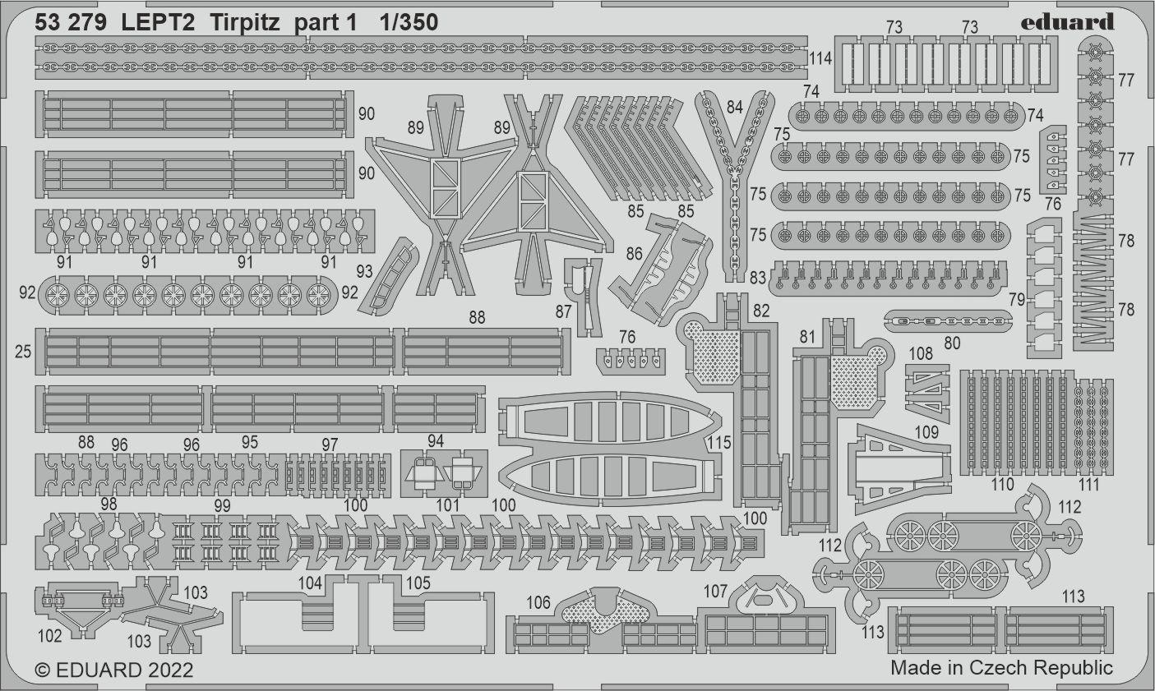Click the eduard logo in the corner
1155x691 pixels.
pos(1068,21)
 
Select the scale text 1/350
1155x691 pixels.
pos(409,23)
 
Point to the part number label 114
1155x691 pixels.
pos(820,58)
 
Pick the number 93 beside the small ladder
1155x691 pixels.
pos(364,272)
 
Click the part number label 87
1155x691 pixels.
pos(563,313)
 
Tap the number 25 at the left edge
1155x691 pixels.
pos(23,352)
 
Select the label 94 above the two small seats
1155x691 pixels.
pos(436,441)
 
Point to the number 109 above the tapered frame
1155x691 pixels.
pos(926,433)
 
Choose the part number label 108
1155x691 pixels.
pos(921,353)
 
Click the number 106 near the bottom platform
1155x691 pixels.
pos(538,603)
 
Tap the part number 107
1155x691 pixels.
pos(716,591)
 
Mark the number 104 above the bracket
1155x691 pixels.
pos(311,583)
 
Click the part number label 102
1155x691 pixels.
pos(49,635)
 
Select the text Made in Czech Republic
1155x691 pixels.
pos(1001,667)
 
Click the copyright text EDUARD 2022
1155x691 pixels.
pos(114,670)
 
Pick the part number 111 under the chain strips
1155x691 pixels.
pos(1088,485)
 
